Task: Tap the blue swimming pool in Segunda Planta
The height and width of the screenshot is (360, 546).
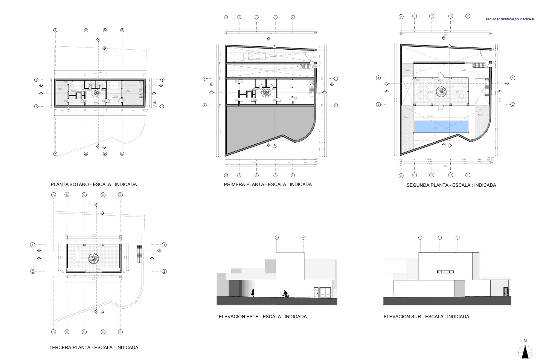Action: tap(441, 126)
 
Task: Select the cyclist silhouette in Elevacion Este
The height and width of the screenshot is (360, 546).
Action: tap(285, 294)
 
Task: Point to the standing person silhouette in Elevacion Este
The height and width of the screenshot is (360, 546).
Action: tap(253, 293)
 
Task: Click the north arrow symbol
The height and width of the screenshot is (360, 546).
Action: tap(525, 351)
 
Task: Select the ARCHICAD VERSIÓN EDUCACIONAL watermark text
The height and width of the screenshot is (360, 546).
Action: tap(510, 19)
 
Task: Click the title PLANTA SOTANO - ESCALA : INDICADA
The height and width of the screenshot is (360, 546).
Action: tap(94, 185)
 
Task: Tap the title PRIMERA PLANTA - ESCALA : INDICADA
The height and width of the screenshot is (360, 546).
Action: tap(268, 184)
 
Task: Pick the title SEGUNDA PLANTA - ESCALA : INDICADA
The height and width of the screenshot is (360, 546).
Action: tap(451, 185)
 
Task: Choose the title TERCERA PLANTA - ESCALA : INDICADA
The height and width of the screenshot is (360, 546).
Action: tap(94, 348)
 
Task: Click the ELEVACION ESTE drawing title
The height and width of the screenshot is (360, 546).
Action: tap(262, 317)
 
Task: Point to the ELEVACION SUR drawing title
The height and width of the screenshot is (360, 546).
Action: tap(426, 317)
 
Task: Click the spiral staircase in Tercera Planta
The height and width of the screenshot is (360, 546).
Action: tap(94, 258)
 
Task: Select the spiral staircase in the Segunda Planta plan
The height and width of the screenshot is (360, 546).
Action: tap(441, 91)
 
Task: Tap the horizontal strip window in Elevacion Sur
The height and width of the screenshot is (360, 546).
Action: tap(445, 272)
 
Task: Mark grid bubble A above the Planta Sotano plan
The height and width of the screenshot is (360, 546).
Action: tap(55, 30)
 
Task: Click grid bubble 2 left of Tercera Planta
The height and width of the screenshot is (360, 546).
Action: tap(33, 271)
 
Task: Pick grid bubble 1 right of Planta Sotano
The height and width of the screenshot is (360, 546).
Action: tap(162, 80)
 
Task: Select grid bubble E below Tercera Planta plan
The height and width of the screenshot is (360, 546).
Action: tap(120, 332)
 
